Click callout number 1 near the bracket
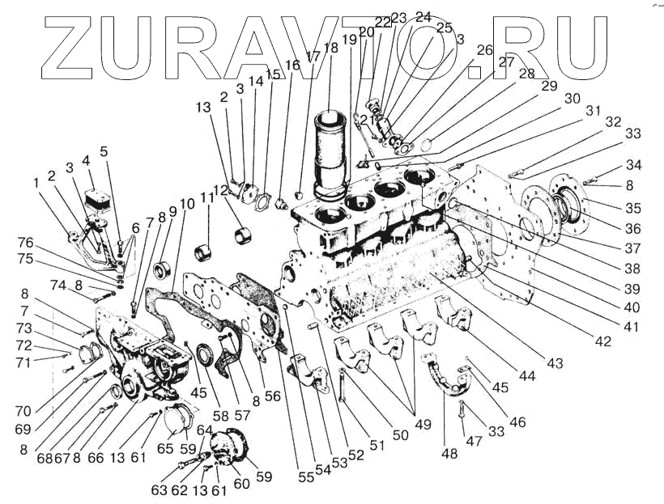click(x=36, y=184)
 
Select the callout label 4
click(x=86, y=160)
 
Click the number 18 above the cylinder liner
click(x=330, y=49)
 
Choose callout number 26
click(x=484, y=50)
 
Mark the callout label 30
click(x=572, y=99)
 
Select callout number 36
click(x=632, y=229)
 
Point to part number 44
click(x=527, y=376)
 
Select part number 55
click(x=305, y=477)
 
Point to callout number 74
click(x=57, y=285)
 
